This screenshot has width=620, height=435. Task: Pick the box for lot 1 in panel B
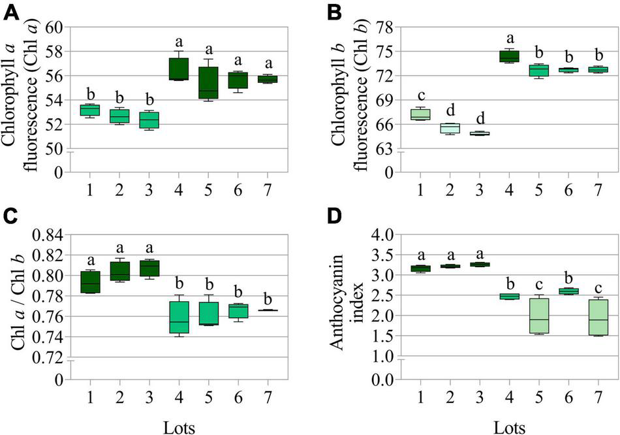420,115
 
